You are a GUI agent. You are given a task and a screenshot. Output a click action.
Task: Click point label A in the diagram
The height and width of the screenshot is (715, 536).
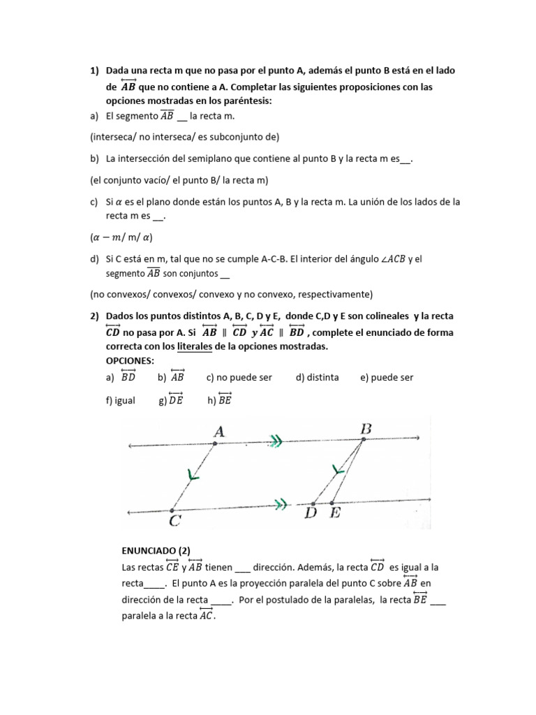(218, 432)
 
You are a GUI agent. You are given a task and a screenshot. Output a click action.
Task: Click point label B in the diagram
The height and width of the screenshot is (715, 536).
(365, 428)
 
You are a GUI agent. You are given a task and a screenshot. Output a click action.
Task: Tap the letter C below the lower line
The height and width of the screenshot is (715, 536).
(176, 520)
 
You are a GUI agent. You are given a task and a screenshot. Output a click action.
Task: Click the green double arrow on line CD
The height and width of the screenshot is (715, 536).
(281, 503)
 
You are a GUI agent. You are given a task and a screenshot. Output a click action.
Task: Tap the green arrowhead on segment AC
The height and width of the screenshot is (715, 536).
(193, 476)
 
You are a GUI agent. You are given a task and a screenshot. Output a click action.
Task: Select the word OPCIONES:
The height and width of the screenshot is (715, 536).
(129, 360)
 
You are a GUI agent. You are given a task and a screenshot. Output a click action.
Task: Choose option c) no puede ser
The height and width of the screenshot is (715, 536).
(239, 378)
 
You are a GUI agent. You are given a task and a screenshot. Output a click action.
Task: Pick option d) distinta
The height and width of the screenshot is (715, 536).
(317, 378)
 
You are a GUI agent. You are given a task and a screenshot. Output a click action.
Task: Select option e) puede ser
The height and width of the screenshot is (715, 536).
(387, 378)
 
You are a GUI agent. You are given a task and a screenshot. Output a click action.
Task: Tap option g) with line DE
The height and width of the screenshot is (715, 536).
(171, 400)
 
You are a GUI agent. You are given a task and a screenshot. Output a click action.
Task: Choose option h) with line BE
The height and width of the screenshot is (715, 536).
(219, 400)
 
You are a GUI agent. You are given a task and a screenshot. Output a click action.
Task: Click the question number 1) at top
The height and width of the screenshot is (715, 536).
(95, 71)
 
